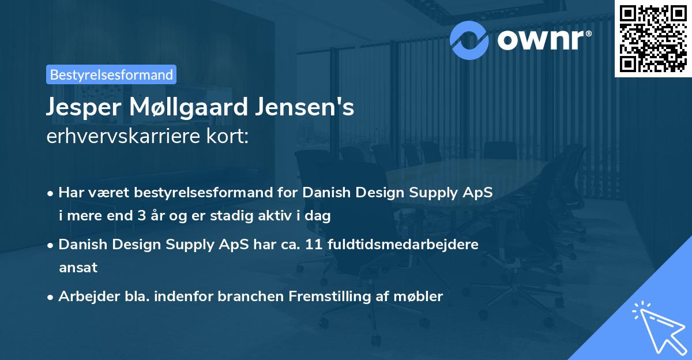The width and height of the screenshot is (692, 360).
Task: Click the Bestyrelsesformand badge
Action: (111, 74)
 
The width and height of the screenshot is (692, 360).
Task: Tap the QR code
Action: (652, 39)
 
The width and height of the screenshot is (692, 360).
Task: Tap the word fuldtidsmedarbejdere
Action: (403, 245)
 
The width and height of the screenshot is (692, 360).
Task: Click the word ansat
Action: (78, 268)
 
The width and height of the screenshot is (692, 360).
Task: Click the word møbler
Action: (423, 297)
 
